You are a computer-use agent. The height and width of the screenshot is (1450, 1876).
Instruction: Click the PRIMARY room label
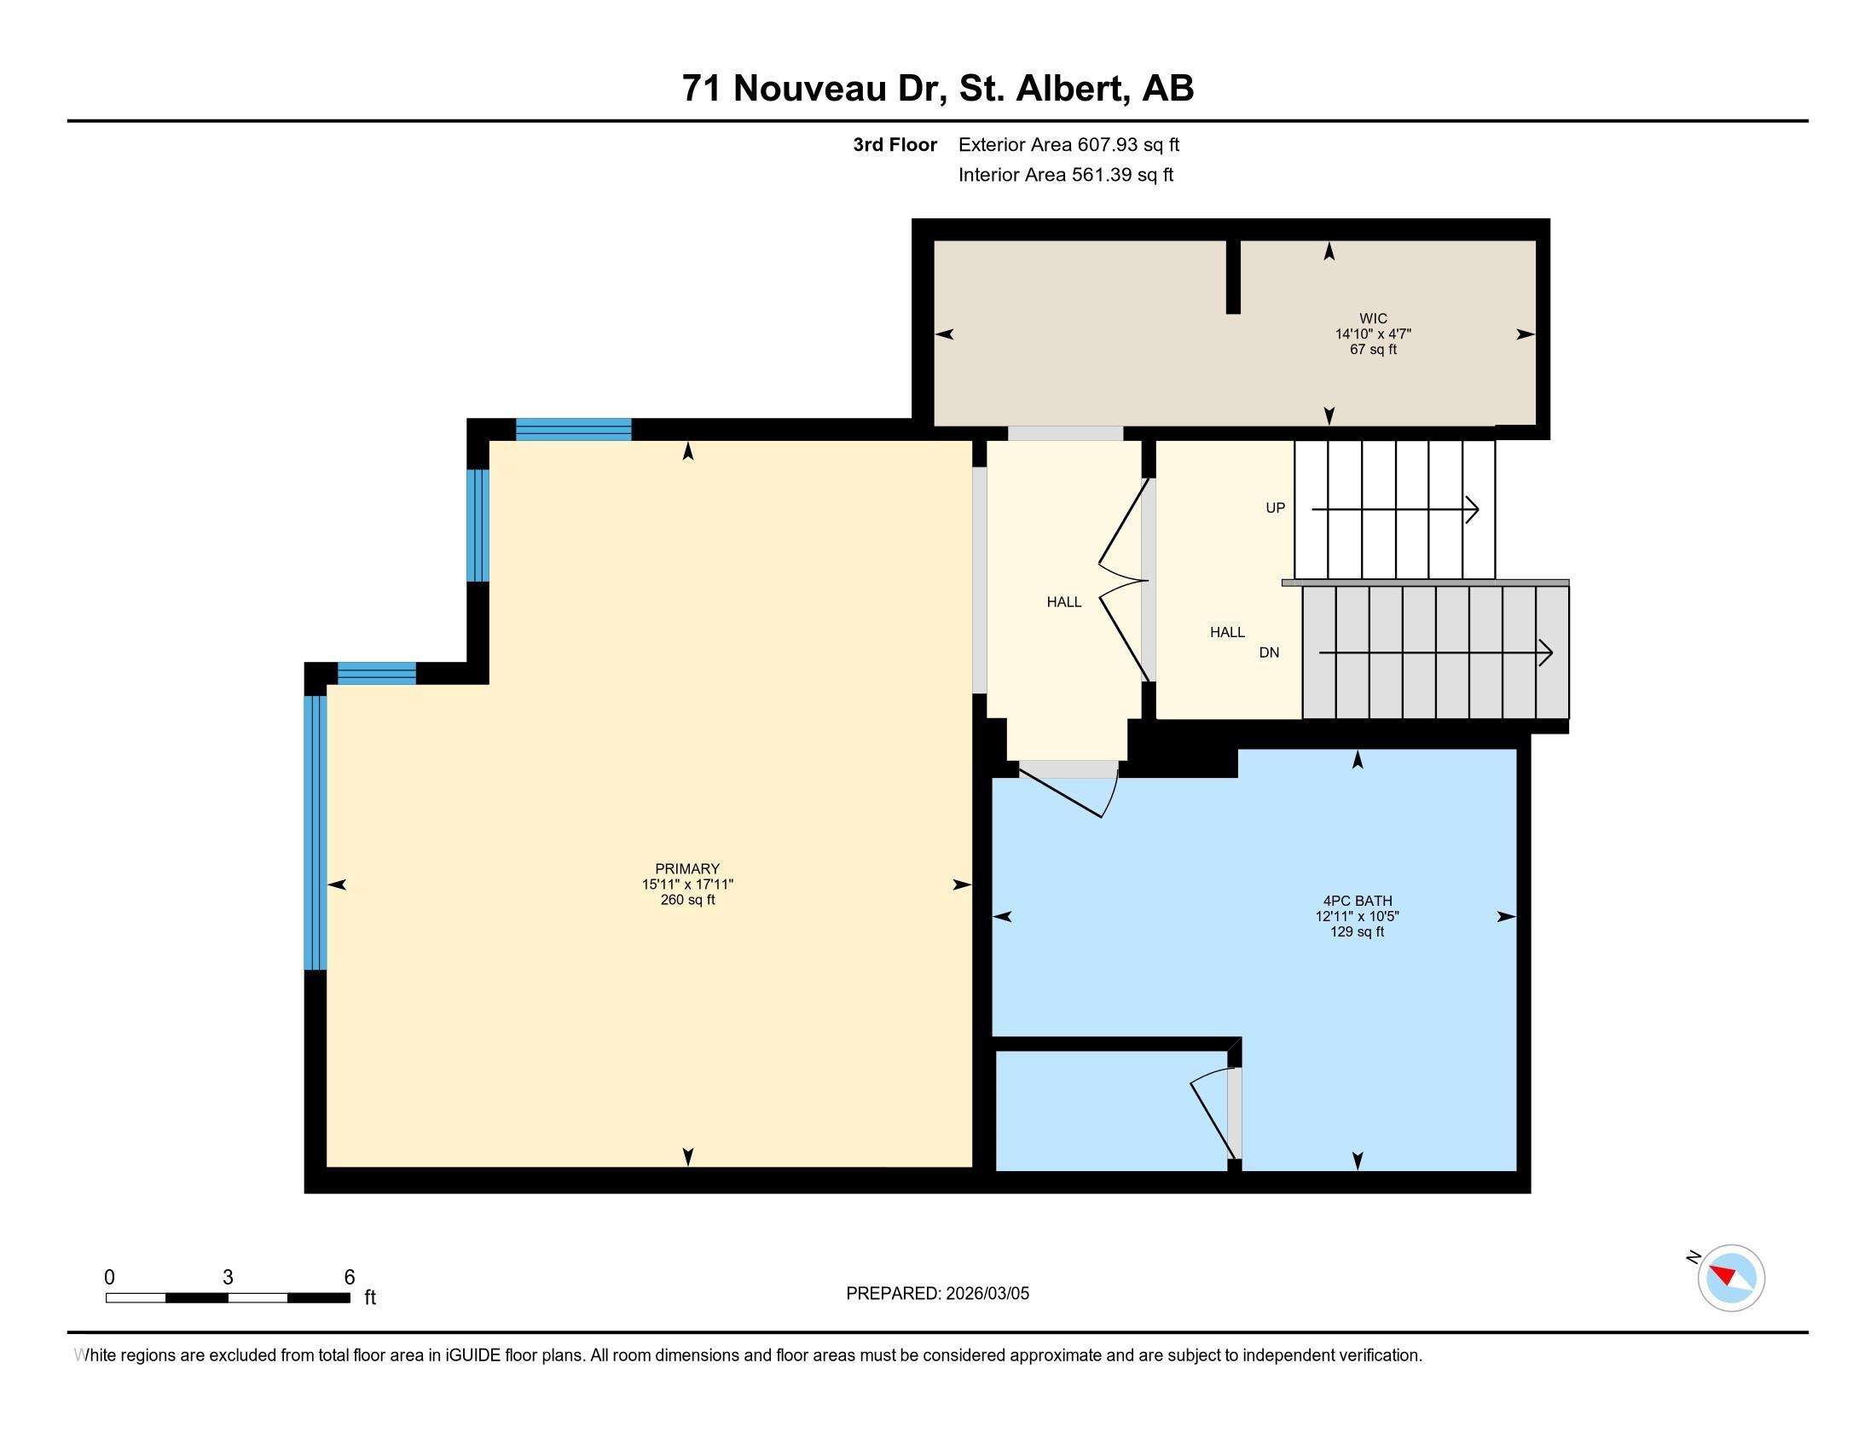pyautogui.click(x=686, y=868)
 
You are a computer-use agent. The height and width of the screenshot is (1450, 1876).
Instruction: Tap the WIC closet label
pyautogui.click(x=1373, y=319)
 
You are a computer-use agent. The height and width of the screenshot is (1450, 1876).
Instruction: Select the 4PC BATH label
pyautogui.click(x=1358, y=900)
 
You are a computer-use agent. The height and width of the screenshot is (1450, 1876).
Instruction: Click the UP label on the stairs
pyautogui.click(x=1275, y=507)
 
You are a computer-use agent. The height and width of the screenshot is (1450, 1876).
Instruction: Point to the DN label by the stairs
pyautogui.click(x=1269, y=652)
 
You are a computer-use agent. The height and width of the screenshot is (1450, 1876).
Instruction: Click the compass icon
pyautogui.click(x=1731, y=1278)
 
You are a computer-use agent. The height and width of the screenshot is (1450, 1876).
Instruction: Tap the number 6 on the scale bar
pyautogui.click(x=349, y=1277)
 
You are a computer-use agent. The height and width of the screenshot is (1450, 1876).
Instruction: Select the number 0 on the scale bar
pyautogui.click(x=109, y=1277)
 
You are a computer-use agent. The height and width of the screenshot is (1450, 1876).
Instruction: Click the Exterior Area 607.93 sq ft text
pyautogui.click(x=1068, y=144)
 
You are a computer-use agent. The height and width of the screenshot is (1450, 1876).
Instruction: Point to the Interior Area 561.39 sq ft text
pyautogui.click(x=1065, y=174)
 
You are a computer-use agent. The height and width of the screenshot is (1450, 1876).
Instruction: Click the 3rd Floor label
pyautogui.click(x=895, y=144)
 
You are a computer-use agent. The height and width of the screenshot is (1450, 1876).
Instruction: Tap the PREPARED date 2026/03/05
pyautogui.click(x=937, y=1293)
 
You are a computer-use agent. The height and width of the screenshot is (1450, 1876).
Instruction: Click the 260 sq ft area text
pyautogui.click(x=687, y=899)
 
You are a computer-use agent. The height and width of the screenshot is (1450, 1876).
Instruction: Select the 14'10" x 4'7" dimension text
pyautogui.click(x=1373, y=334)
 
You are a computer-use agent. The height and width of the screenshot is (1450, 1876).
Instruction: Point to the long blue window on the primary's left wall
pyautogui.click(x=316, y=832)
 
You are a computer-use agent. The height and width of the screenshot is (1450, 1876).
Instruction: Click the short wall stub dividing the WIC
pyautogui.click(x=1233, y=276)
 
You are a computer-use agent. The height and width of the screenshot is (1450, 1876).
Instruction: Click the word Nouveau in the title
pyautogui.click(x=809, y=89)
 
